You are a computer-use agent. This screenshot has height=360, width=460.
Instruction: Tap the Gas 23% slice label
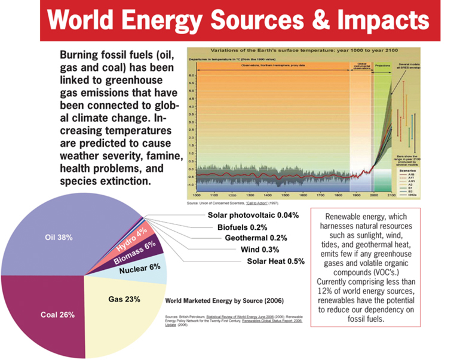(x=124, y=299)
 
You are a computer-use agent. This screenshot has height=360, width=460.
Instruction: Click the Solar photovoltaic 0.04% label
(x=253, y=214)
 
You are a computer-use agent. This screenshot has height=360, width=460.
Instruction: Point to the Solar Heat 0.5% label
(x=275, y=261)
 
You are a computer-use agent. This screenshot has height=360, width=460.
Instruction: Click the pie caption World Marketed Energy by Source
(x=223, y=300)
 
